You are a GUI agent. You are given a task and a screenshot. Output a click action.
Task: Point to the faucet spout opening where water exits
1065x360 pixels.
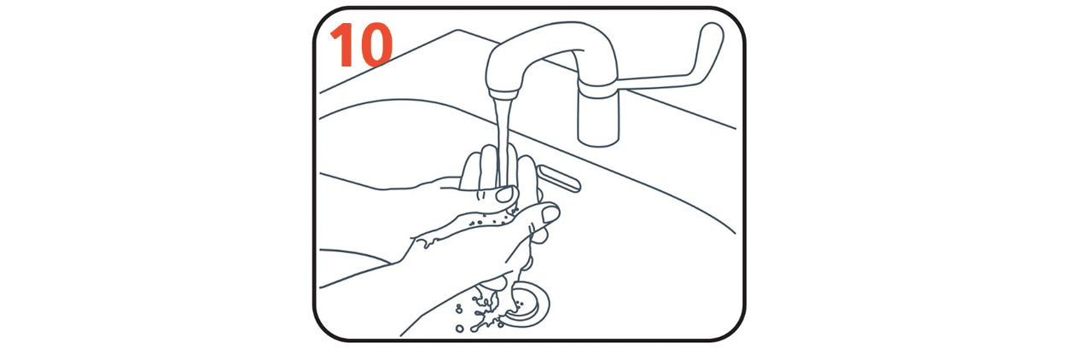coord(503,95)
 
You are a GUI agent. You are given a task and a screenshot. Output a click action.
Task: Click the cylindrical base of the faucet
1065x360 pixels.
coord(598,119)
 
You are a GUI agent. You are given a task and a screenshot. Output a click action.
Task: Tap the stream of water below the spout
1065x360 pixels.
coord(503,142)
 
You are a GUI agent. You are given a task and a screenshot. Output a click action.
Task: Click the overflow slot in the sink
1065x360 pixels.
coord(559,178)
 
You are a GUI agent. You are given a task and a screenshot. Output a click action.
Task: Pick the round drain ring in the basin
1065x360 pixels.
coord(527,305)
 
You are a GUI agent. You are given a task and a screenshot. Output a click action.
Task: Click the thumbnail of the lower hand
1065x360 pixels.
coord(550,214)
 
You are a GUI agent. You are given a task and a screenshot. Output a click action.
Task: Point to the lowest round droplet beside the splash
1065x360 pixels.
coord(459,328)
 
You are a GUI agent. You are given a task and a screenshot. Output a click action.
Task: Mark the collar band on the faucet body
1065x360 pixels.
coord(598,90)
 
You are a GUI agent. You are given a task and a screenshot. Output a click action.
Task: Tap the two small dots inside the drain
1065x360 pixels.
coord(520,303)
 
